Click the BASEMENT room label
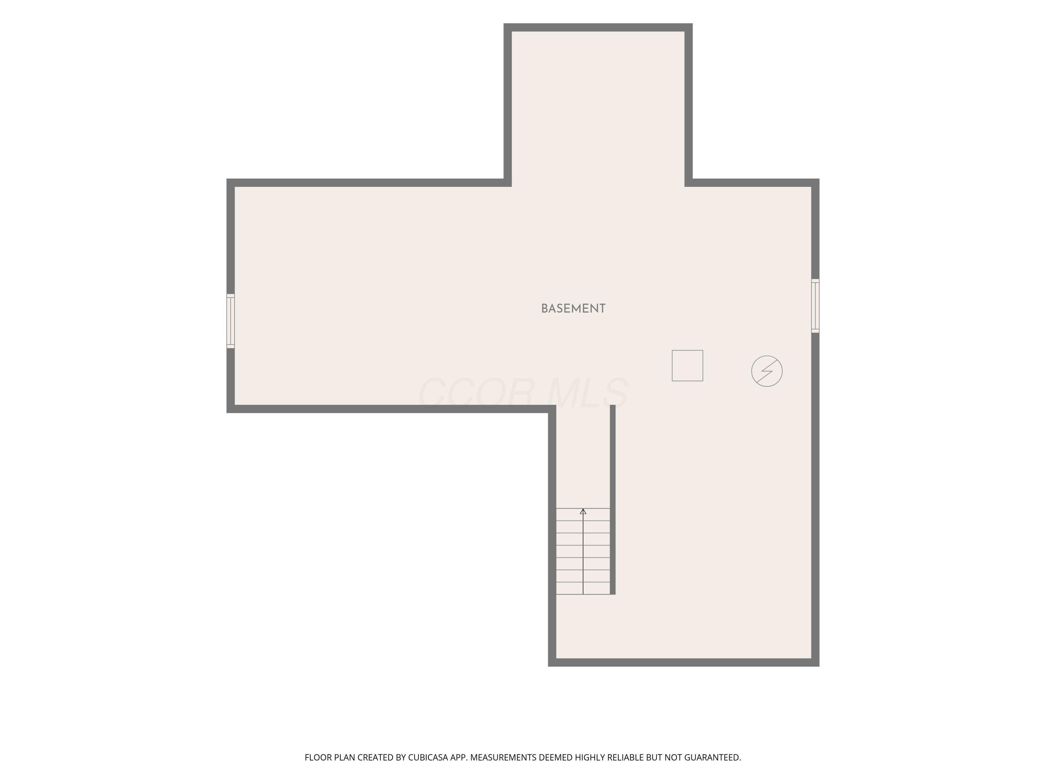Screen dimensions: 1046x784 coord(573,309)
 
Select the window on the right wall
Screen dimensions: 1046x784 coord(815,306)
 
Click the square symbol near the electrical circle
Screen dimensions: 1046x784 coord(688,365)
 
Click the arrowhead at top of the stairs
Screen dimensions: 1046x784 coord(583,511)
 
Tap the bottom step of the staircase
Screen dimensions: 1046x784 coord(583,589)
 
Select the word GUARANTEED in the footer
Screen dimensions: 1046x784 coord(713,758)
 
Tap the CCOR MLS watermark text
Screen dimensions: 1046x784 coord(523,392)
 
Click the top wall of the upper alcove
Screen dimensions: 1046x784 coord(598,28)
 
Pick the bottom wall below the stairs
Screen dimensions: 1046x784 coord(684,662)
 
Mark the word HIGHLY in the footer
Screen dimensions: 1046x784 coord(590,758)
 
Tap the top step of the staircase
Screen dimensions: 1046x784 coord(583,515)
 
